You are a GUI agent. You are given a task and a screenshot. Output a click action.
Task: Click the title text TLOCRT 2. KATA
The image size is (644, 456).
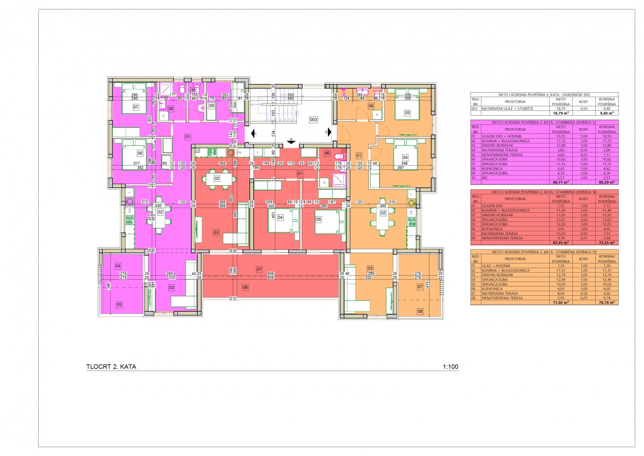(x=111, y=367)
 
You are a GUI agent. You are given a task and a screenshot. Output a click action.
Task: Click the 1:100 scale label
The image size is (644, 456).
(x=450, y=367)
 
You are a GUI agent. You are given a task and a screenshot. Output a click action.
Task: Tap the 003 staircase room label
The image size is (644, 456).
(x=314, y=120)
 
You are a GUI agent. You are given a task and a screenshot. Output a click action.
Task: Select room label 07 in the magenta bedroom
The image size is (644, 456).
(x=136, y=108)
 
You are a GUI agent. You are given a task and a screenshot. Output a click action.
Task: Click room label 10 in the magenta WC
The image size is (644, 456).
(x=193, y=90)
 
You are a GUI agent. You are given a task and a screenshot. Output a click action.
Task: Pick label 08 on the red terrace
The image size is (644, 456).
(x=245, y=287)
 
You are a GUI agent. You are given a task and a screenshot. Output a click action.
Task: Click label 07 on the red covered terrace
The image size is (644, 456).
(x=259, y=269)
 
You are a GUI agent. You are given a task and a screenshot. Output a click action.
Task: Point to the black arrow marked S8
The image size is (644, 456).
(x=291, y=141)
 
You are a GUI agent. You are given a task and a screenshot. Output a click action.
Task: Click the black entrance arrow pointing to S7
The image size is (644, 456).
(x=254, y=133)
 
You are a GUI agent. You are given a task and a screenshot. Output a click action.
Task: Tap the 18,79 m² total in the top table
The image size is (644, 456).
(x=560, y=114)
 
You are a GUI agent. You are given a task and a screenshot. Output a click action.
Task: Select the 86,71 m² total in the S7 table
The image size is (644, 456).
(x=560, y=182)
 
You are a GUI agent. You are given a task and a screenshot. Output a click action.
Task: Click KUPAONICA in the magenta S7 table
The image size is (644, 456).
(x=491, y=168)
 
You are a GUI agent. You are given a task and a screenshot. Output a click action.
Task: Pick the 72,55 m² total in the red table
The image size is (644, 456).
(x=606, y=243)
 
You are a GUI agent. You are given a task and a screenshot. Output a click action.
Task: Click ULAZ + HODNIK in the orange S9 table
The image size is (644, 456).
(x=494, y=266)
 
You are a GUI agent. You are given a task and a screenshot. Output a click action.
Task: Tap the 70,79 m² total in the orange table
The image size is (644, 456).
(x=606, y=303)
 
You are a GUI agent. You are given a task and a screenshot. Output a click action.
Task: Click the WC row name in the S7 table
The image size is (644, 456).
(x=485, y=178)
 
